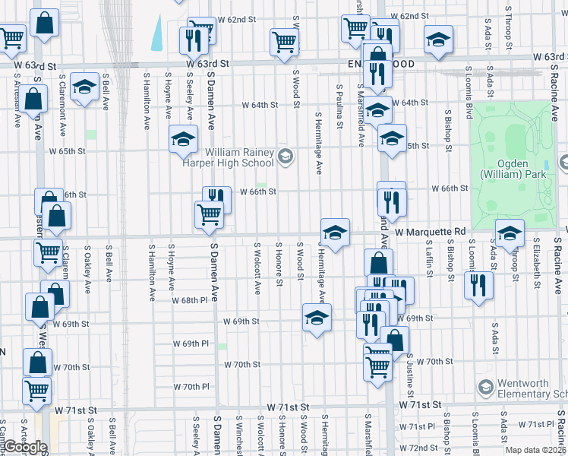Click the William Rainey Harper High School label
point(227,157)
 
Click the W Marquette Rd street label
point(430,231)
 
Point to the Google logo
point(25,447)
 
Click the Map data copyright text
point(535,450)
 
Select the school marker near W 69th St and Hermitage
point(317,318)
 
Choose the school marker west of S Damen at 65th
point(182,139)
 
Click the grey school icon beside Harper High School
point(285,157)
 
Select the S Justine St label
point(410,375)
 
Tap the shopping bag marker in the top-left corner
point(45,24)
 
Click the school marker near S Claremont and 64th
point(84,87)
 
